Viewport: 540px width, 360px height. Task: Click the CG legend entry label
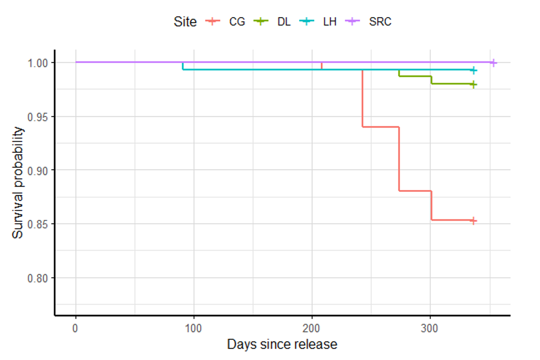click(237, 21)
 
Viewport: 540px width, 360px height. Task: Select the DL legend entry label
click(284, 21)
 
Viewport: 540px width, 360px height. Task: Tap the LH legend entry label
click(329, 21)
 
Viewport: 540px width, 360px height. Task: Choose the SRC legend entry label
click(380, 21)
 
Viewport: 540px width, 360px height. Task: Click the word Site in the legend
click(185, 21)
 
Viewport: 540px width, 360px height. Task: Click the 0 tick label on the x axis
click(76, 328)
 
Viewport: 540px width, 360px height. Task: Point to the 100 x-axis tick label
click(194, 328)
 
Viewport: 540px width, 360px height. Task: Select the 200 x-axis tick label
click(312, 328)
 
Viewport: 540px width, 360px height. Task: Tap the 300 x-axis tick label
click(430, 328)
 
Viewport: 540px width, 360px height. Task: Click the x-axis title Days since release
click(282, 344)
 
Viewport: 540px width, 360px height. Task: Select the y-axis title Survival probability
click(18, 182)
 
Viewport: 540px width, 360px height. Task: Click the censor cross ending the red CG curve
click(473, 220)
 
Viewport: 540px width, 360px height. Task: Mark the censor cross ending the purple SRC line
click(493, 63)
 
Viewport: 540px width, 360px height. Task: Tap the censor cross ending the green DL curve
click(473, 85)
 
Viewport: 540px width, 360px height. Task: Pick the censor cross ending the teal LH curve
click(473, 70)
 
